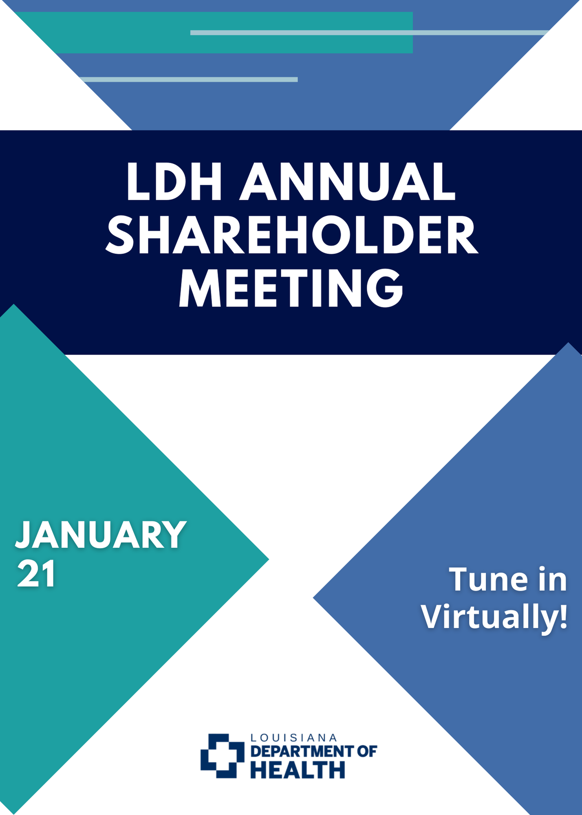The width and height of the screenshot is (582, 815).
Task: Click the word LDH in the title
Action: click(174, 182)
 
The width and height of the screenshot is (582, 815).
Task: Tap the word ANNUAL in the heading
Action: click(347, 182)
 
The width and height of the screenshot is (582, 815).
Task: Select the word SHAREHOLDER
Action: click(292, 235)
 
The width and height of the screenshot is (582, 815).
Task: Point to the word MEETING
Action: click(291, 288)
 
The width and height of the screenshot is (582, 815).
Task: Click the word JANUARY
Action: click(101, 535)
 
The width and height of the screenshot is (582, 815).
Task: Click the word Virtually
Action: click(489, 617)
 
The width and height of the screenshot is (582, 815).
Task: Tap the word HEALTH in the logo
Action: click(298, 770)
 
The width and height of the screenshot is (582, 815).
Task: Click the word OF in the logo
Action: click(367, 751)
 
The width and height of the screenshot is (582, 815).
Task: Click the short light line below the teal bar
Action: click(188, 79)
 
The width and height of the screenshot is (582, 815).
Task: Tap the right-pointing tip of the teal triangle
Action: click(269, 559)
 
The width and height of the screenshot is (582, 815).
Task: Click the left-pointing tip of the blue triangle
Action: click(313, 598)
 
